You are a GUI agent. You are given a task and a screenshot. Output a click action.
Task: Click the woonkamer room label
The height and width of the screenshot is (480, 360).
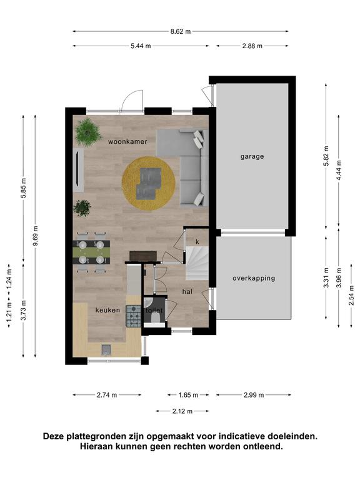click(x=127, y=141)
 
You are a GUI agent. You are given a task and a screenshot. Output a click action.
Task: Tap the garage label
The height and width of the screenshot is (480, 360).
click(x=252, y=157)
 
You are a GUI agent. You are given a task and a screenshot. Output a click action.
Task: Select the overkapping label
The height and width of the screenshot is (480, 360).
click(x=254, y=278)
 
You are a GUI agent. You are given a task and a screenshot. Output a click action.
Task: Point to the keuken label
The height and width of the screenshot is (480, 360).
click(x=107, y=310)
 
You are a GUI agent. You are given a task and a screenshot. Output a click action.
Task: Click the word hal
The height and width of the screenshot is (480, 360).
click(x=187, y=291)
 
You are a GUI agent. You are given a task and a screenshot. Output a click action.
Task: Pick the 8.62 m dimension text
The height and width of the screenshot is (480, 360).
click(x=181, y=31)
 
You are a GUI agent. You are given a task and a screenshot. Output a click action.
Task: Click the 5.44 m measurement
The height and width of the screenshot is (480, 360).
click(x=141, y=46)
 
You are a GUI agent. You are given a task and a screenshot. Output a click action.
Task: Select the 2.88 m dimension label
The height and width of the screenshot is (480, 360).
click(x=252, y=46)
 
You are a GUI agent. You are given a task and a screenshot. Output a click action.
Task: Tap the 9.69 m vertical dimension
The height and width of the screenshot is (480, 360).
click(x=36, y=236)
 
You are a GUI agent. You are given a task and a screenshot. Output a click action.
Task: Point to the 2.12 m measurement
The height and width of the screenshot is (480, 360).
click(x=182, y=411)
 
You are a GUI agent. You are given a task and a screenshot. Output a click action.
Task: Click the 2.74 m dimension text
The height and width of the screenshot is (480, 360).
click(x=107, y=395)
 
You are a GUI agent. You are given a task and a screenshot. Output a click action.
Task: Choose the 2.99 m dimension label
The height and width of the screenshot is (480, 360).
click(x=254, y=395)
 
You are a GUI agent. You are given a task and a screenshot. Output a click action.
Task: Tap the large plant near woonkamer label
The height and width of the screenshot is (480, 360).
click(x=88, y=132)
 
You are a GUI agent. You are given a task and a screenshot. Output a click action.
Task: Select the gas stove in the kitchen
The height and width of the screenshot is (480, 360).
click(x=134, y=316)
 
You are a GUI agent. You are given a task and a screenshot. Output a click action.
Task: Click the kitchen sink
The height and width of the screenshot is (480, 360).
click(x=106, y=349)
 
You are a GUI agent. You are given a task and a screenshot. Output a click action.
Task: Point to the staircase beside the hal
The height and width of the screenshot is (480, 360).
click(x=197, y=263)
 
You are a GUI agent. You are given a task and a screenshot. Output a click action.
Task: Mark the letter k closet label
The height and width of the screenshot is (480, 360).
click(x=197, y=242)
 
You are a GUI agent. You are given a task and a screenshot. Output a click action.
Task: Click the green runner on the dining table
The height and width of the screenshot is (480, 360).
click(x=91, y=252)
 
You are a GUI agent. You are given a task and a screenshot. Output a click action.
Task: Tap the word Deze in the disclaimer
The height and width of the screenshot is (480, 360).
click(x=54, y=436)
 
